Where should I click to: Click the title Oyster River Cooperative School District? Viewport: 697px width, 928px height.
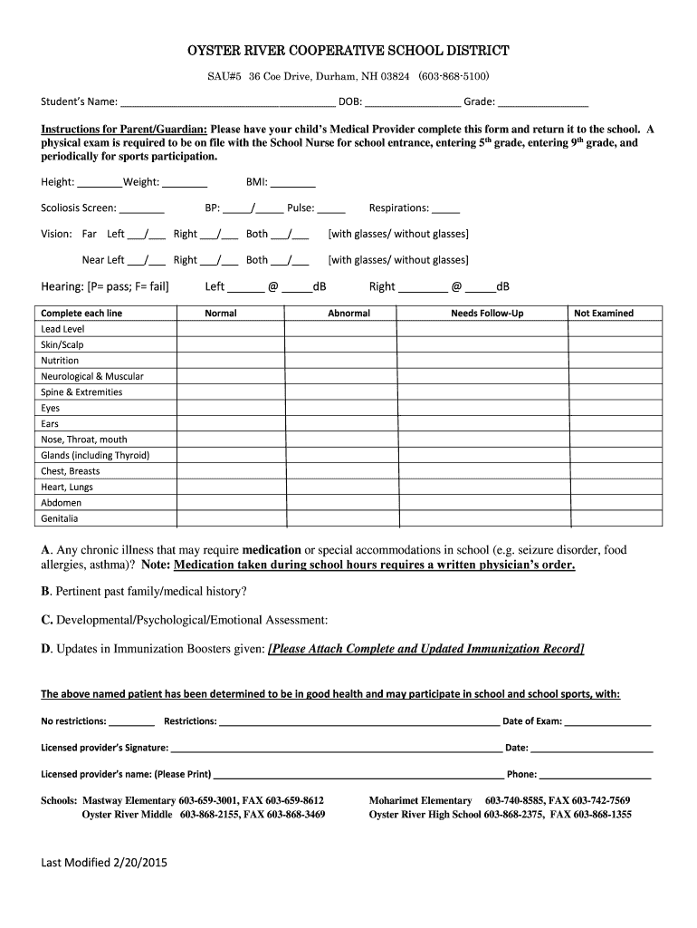pyautogui.click(x=348, y=51)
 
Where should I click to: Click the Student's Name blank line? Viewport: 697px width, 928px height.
pyautogui.click(x=227, y=101)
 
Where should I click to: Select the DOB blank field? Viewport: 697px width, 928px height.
pyautogui.click(x=412, y=101)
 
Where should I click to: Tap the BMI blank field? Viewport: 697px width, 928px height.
pyautogui.click(x=299, y=183)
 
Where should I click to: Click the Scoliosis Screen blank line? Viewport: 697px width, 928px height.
pyautogui.click(x=141, y=208)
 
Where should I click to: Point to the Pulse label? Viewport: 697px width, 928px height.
pyautogui.click(x=301, y=208)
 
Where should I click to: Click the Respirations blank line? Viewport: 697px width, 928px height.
pyautogui.click(x=445, y=208)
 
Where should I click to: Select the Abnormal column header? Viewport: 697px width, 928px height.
pyautogui.click(x=348, y=314)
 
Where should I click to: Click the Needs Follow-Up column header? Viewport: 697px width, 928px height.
pyautogui.click(x=487, y=314)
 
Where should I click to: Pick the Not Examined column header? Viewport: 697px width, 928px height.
pyautogui.click(x=604, y=314)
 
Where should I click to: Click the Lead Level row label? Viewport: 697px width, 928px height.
pyautogui.click(x=62, y=329)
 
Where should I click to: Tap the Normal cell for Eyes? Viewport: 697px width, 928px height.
pyautogui.click(x=221, y=408)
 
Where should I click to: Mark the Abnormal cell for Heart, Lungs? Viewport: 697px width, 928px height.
pyautogui.click(x=348, y=487)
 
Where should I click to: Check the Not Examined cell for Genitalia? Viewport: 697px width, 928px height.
pyautogui.click(x=604, y=518)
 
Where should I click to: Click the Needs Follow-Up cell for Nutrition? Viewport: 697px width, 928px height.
pyautogui.click(x=487, y=361)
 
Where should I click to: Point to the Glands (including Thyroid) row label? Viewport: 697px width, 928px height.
pyautogui.click(x=95, y=455)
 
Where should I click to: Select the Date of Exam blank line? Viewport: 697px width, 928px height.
pyautogui.click(x=607, y=722)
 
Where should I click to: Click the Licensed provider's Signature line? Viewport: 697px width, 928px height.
pyautogui.click(x=336, y=749)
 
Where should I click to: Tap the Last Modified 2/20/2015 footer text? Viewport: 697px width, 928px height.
pyautogui.click(x=104, y=862)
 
